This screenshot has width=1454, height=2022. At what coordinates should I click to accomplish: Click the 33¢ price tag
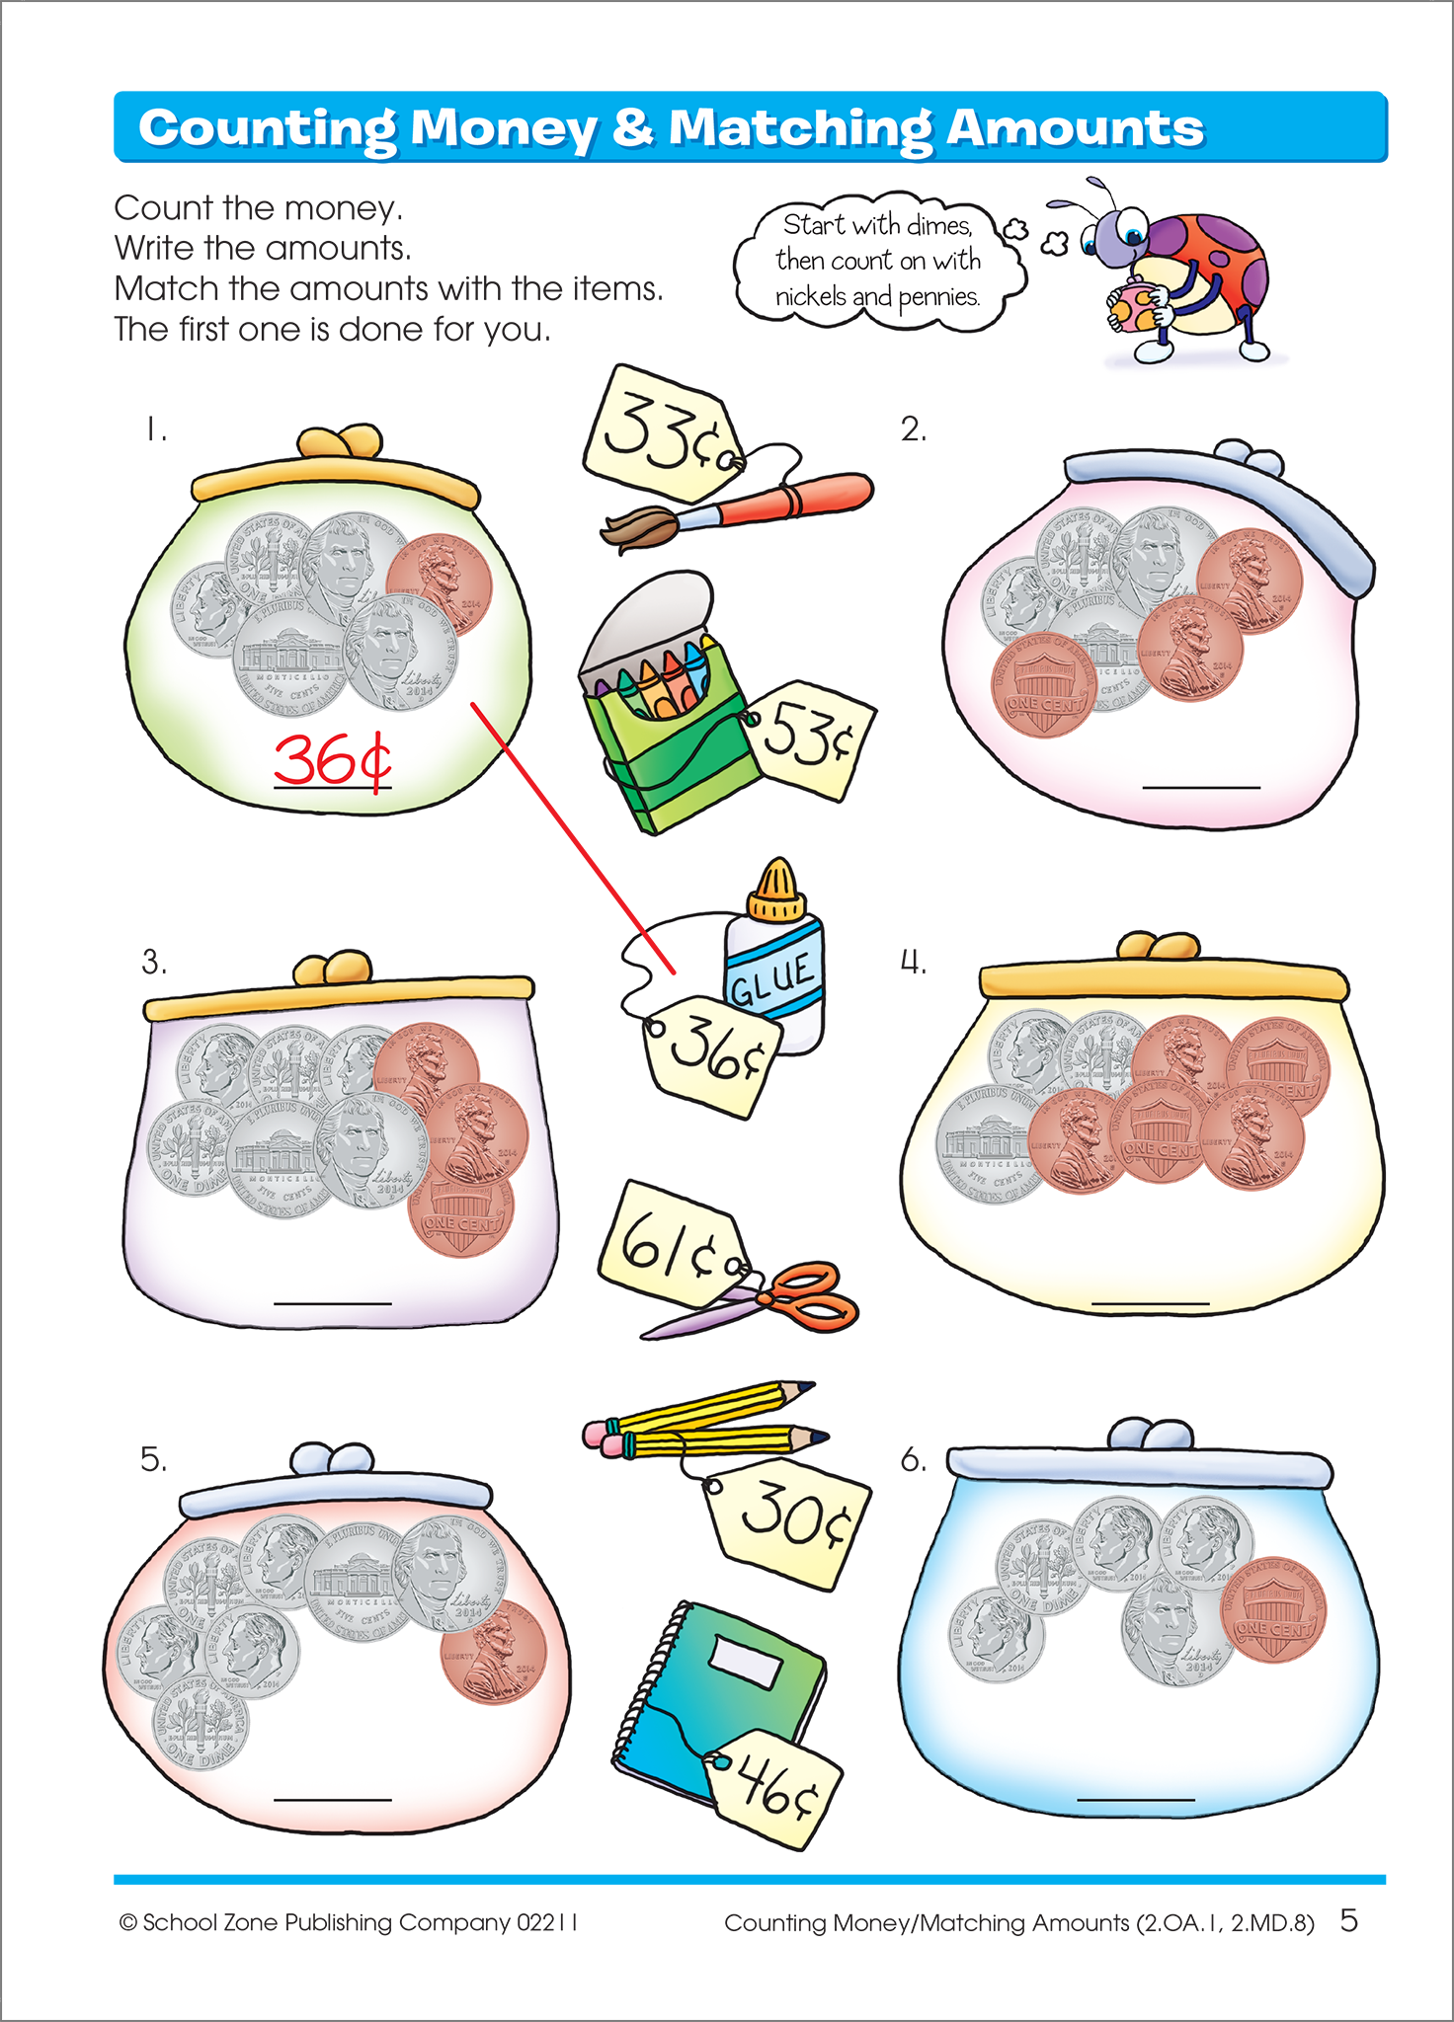[x=658, y=433]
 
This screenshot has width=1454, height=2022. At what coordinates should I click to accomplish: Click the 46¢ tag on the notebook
[x=774, y=1788]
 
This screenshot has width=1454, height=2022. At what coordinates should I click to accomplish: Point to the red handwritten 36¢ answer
[x=332, y=760]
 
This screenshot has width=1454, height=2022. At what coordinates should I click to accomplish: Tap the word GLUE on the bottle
[x=771, y=977]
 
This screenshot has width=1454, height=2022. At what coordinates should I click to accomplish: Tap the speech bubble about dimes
[x=877, y=261]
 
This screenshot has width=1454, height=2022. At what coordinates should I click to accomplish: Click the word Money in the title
[x=504, y=128]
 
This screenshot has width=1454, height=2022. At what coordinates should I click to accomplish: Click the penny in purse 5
[x=494, y=1652]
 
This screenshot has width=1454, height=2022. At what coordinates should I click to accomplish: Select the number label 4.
[x=913, y=962]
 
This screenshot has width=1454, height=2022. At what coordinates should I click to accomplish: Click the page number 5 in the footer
[x=1348, y=1920]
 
